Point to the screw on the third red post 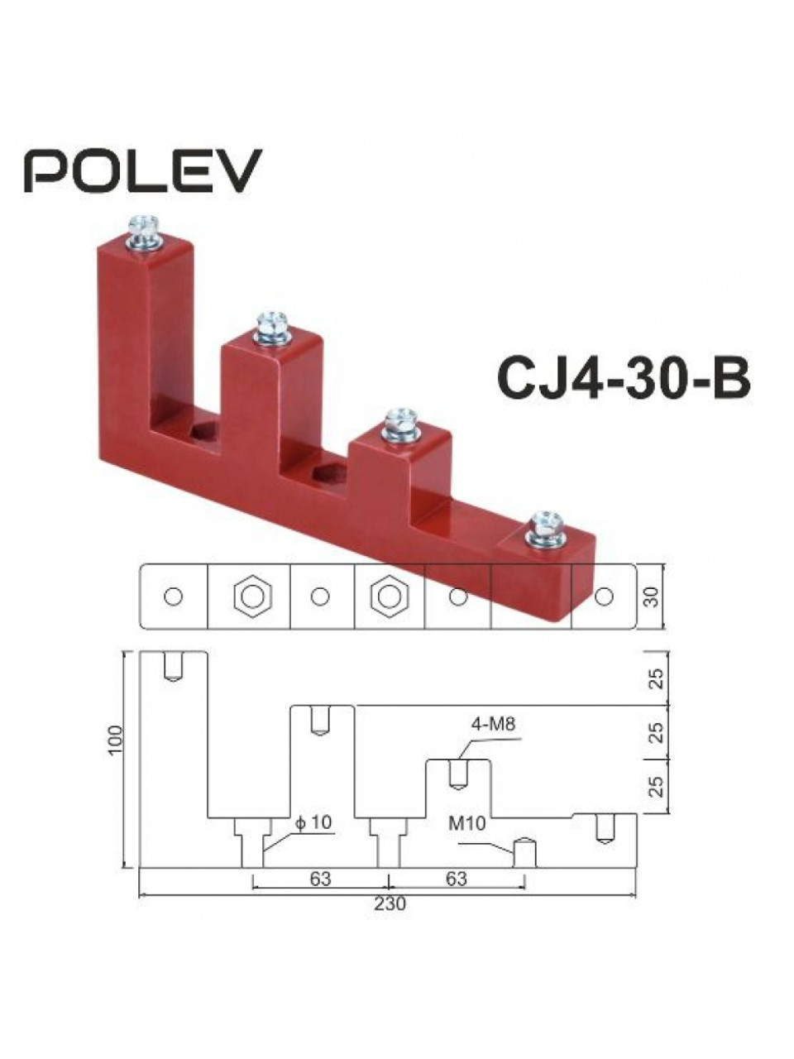click(401, 426)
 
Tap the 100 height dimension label click(116, 754)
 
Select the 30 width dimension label click(651, 597)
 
